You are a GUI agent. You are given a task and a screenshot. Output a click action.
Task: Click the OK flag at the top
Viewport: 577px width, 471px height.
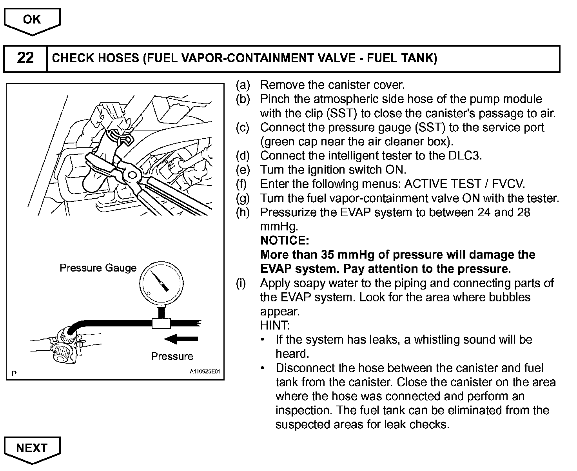point(32,20)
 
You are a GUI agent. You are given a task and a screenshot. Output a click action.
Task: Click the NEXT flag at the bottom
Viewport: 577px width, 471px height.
point(32,448)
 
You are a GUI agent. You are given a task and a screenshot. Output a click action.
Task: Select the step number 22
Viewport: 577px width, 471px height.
point(25,58)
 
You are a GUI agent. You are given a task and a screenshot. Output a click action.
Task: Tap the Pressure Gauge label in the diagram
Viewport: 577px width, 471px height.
point(98,268)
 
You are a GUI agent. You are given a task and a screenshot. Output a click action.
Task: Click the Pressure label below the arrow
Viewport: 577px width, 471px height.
point(172,357)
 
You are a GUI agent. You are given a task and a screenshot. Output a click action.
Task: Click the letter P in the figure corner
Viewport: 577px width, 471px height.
point(14,373)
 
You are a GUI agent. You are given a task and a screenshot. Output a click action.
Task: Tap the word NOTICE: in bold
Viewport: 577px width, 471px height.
point(285,241)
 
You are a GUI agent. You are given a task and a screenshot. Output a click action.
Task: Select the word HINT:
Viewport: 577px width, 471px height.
point(275,325)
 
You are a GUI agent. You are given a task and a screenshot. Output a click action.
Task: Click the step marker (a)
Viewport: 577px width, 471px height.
point(243,85)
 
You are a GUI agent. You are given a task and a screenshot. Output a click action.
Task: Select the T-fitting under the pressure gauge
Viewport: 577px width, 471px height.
point(161,322)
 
